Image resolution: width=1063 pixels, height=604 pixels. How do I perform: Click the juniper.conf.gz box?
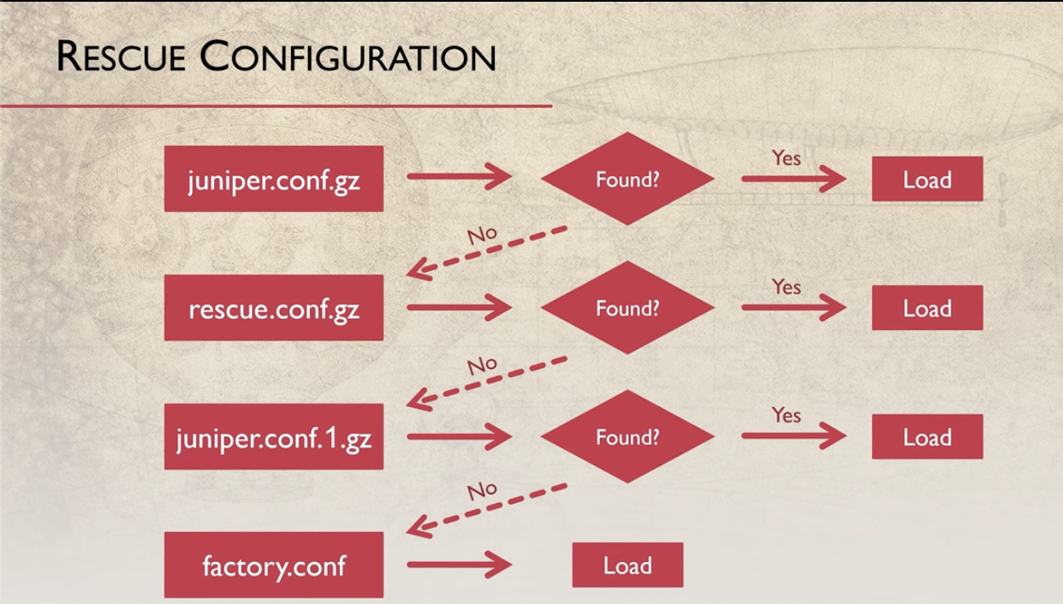click(x=274, y=179)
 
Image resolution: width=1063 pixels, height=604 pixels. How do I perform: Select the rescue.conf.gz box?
click(x=274, y=308)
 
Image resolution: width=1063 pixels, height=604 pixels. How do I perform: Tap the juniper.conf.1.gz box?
click(x=274, y=437)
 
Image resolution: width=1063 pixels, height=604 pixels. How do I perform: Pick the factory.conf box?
click(x=274, y=565)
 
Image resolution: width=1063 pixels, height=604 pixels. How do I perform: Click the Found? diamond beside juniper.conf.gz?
click(x=627, y=179)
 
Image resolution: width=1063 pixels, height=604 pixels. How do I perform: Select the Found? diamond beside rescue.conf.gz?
click(x=627, y=308)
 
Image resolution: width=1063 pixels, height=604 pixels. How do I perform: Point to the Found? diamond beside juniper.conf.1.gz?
click(x=627, y=437)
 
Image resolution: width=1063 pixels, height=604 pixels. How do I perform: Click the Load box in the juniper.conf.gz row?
click(x=927, y=179)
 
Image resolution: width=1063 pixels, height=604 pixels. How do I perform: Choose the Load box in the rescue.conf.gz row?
click(x=927, y=308)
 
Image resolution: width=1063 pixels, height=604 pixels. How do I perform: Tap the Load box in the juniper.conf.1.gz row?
click(x=927, y=437)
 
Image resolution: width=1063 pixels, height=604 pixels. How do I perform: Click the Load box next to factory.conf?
click(x=627, y=565)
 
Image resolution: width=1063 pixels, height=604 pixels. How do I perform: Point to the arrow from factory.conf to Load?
click(x=459, y=565)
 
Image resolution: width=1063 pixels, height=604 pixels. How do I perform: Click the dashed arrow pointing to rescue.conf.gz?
click(x=486, y=251)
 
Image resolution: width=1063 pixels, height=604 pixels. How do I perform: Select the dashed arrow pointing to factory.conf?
click(x=486, y=510)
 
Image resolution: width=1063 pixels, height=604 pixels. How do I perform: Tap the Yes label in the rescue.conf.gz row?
click(x=786, y=287)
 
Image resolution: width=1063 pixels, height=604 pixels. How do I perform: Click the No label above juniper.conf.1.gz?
click(x=482, y=365)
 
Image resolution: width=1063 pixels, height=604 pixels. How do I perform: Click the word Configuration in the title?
click(x=348, y=57)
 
